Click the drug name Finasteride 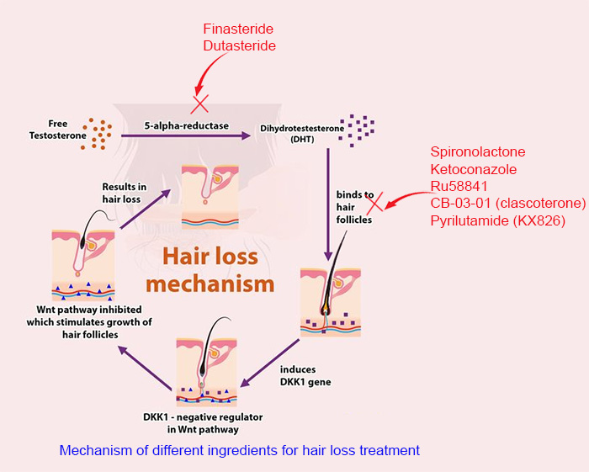coord(239,27)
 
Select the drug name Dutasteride coord(239,45)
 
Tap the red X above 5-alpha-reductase coord(200,103)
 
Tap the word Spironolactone coord(477,152)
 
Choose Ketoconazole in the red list coord(474,169)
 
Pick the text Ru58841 coord(459,186)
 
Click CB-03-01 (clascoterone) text coord(507,204)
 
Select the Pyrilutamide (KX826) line coord(497,220)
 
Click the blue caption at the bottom coord(239,450)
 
